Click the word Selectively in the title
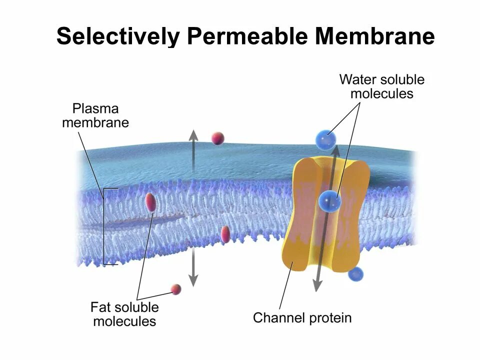[118, 36]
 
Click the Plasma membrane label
[95, 115]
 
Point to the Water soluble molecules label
[381, 86]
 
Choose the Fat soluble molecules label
[124, 313]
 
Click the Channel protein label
[302, 317]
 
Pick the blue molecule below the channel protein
[355, 274]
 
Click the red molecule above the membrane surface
[217, 138]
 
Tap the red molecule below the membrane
[176, 288]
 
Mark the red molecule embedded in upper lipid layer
[150, 202]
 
